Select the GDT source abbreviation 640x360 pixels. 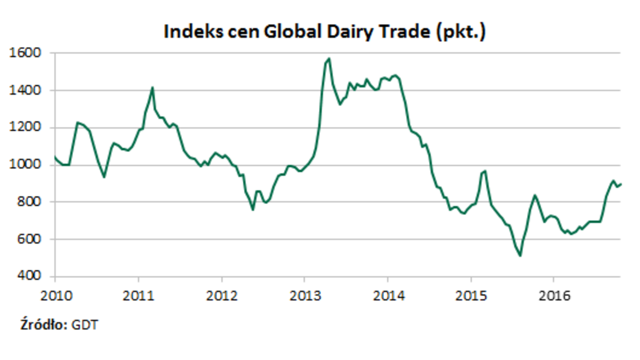(85, 325)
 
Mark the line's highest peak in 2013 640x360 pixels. (329, 58)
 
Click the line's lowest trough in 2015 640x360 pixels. (520, 256)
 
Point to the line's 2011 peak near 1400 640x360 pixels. (153, 87)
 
